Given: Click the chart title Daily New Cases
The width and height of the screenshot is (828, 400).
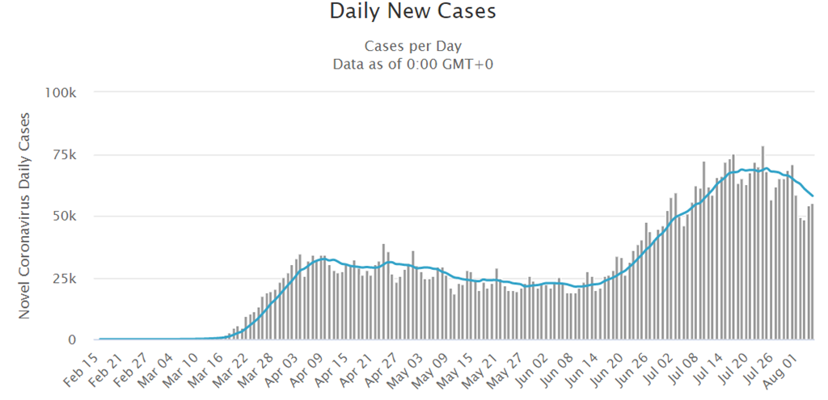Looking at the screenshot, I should tap(413, 12).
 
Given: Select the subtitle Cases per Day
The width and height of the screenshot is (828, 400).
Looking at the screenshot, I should tap(413, 46).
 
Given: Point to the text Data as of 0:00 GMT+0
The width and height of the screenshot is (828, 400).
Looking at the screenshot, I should tap(413, 64).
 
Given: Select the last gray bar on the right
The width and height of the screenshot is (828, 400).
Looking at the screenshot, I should tap(812, 272).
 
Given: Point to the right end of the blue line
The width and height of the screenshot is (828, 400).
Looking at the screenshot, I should tap(813, 196).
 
